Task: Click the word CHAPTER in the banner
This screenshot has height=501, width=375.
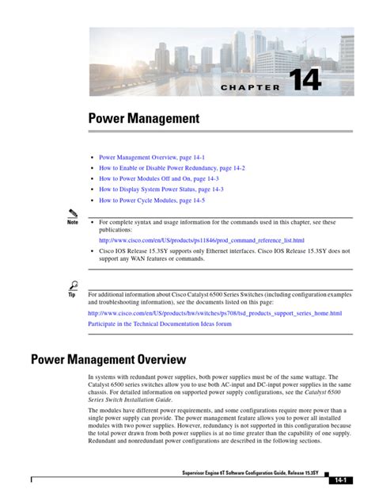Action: coord(246,87)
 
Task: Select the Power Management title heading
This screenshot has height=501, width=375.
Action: coord(144,119)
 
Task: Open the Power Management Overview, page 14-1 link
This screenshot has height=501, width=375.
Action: coord(155,158)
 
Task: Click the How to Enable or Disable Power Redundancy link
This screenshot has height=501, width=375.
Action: coord(172,168)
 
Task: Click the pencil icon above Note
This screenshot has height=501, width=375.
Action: coord(73,213)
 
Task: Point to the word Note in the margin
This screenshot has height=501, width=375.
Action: coord(73,223)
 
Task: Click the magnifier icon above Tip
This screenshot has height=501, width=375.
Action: coord(73,285)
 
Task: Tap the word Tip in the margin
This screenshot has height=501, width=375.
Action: coord(73,295)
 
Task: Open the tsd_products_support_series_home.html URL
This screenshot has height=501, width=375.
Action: coord(214,313)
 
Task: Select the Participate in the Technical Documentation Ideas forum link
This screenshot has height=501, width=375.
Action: coord(159,323)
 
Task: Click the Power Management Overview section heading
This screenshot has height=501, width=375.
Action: coord(108,359)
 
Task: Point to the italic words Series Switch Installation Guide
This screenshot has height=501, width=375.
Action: coord(130,400)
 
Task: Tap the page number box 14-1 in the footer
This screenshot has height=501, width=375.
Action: coord(342,481)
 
